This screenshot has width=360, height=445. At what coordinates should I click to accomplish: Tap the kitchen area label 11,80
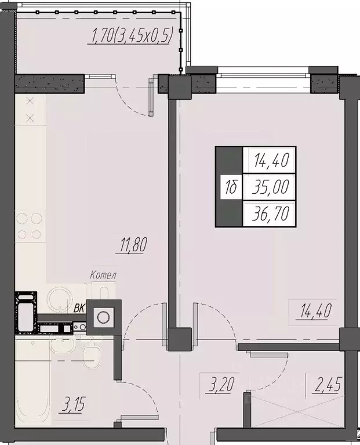pos(133,244)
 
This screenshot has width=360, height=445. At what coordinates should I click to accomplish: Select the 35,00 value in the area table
pos(271,187)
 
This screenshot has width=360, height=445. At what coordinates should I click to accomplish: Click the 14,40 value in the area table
pos(271,158)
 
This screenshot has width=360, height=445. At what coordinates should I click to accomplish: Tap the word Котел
pos(104,274)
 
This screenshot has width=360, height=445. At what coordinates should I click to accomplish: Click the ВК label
pos(79,308)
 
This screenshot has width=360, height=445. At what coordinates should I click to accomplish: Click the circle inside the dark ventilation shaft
pos(104,317)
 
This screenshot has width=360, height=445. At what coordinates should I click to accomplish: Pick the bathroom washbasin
pos(61,347)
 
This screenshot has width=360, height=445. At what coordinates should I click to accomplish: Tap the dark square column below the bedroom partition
pos(180,338)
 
